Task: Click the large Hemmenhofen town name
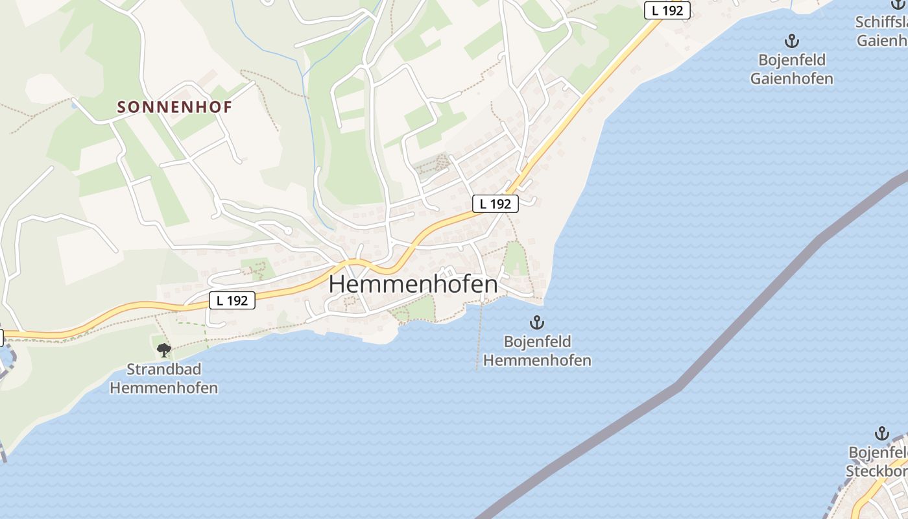pyautogui.click(x=414, y=284)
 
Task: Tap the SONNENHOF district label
pyautogui.click(x=174, y=108)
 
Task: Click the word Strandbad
pyautogui.click(x=164, y=370)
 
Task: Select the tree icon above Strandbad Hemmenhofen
pyautogui.click(x=164, y=350)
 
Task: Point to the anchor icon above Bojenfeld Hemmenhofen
pyautogui.click(x=536, y=322)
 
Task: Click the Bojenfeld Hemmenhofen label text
pyautogui.click(x=537, y=351)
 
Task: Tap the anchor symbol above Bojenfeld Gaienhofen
pyautogui.click(x=791, y=42)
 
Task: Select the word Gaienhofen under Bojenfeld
pyautogui.click(x=791, y=79)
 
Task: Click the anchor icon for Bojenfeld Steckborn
pyautogui.click(x=881, y=433)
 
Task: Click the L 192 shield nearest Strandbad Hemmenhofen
pyautogui.click(x=232, y=300)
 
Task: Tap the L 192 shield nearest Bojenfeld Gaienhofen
pyautogui.click(x=667, y=10)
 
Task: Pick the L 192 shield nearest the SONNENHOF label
pyautogui.click(x=495, y=204)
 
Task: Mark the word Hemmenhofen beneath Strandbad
pyautogui.click(x=164, y=389)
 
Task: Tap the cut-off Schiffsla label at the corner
pyautogui.click(x=882, y=22)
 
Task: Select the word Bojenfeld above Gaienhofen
pyautogui.click(x=791, y=60)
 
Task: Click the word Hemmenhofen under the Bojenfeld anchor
pyautogui.click(x=537, y=361)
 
